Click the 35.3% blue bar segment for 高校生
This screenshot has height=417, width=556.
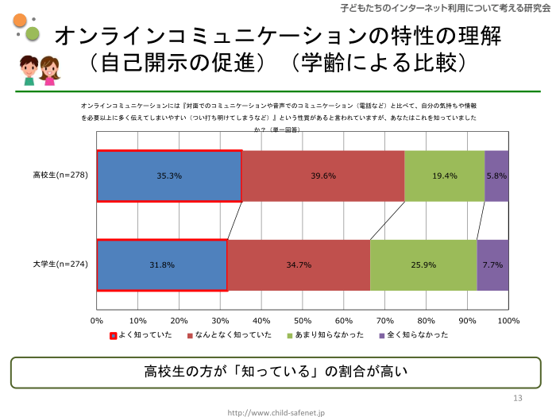click(x=169, y=176)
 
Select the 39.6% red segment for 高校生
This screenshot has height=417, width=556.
click(x=323, y=176)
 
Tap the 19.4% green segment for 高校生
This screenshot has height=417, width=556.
click(x=444, y=176)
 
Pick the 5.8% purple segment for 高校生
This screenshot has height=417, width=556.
click(x=496, y=176)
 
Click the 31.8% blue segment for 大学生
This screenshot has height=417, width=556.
click(x=162, y=264)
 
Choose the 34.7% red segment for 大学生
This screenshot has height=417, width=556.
click(x=299, y=264)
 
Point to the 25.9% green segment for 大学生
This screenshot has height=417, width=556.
click(x=423, y=264)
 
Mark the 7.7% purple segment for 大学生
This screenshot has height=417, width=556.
click(x=492, y=264)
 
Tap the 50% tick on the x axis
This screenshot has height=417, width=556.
click(x=303, y=321)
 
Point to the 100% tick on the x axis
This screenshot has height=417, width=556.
click(x=508, y=321)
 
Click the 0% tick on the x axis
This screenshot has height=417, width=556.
click(x=97, y=321)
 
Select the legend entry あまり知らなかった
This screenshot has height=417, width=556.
click(x=329, y=335)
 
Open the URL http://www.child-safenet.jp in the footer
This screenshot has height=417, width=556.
click(x=276, y=412)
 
